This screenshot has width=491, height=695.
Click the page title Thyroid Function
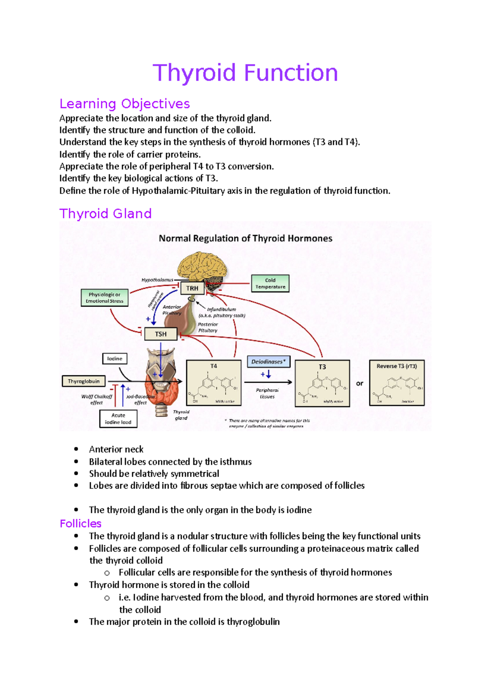tap(245, 73)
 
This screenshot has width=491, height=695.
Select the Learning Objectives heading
tap(124, 104)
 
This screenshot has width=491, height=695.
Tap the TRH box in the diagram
tap(192, 288)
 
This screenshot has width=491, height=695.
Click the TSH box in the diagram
tap(161, 334)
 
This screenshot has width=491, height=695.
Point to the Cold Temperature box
tap(270, 283)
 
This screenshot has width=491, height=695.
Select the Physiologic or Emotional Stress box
tap(104, 298)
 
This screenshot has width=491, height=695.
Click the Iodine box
tap(115, 359)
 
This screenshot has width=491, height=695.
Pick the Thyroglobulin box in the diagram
tap(83, 381)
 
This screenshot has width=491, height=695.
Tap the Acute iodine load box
tap(118, 419)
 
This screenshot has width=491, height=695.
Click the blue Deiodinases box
tap(268, 361)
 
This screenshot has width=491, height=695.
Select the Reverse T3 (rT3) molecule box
tap(396, 383)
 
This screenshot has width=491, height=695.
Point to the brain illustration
tap(202, 266)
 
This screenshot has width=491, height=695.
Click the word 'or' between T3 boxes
tap(359, 384)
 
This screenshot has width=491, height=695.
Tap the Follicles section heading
tap(81, 524)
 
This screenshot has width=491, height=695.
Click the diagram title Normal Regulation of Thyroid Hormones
tap(245, 238)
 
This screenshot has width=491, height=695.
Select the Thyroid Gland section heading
tap(106, 214)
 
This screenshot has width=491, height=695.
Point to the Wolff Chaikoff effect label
tap(97, 399)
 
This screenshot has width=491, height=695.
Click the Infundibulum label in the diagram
tap(221, 309)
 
